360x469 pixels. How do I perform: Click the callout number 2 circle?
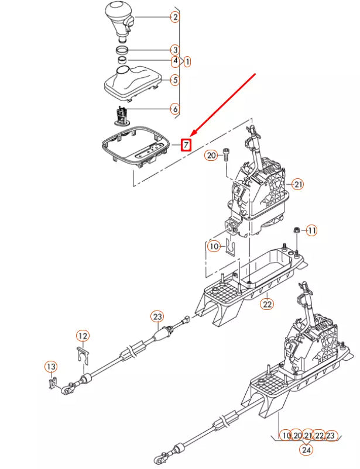click(x=174, y=17)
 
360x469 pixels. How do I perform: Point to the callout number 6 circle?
click(x=174, y=108)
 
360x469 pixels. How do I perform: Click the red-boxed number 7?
click(x=186, y=144)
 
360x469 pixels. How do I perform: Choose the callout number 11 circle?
click(x=311, y=230)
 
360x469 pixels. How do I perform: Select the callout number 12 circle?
click(x=83, y=336)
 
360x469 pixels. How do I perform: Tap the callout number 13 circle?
click(x=51, y=367)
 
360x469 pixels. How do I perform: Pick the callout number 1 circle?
click(x=187, y=61)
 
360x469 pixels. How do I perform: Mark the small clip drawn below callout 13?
click(x=52, y=383)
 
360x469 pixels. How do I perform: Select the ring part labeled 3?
click(x=122, y=50)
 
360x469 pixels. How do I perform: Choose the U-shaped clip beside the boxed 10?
click(x=229, y=248)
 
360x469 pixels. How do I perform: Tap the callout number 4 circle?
click(x=174, y=61)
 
